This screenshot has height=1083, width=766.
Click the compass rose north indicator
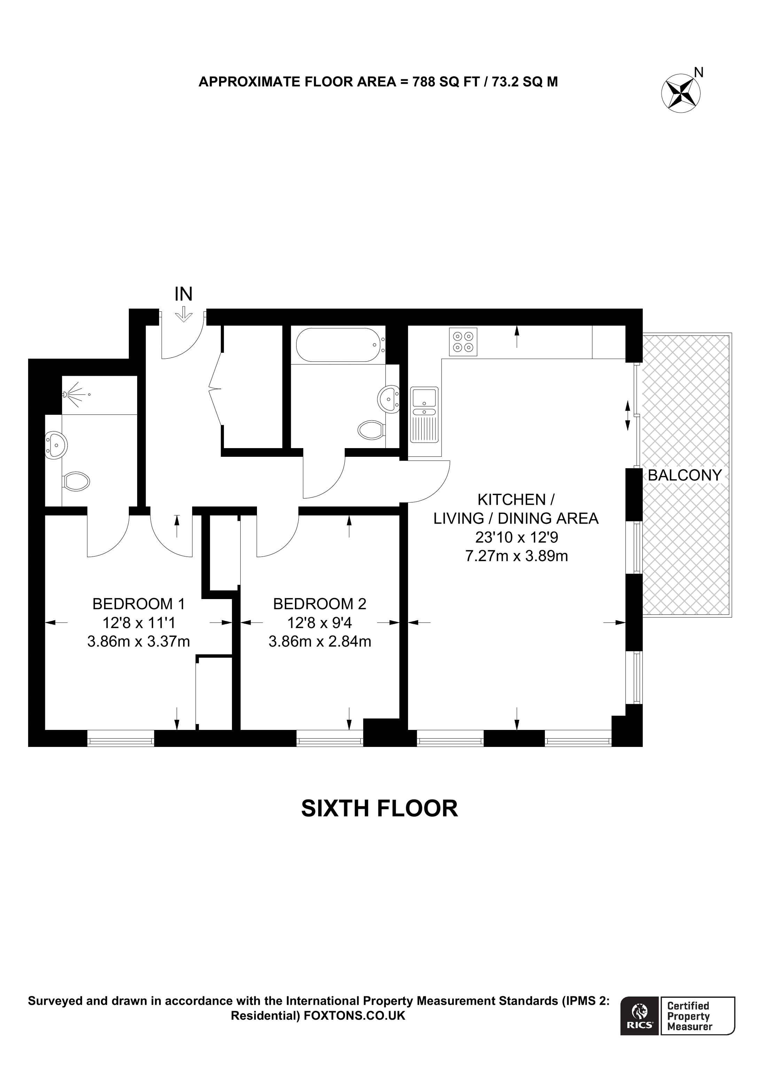[x=681, y=93]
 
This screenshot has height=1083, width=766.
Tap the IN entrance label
[x=183, y=294]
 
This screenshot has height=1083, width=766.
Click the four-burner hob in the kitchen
[x=463, y=342]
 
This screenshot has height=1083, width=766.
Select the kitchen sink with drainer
[x=424, y=415]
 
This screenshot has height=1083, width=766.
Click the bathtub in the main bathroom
[x=338, y=345]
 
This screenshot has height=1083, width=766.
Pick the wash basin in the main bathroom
[x=389, y=399]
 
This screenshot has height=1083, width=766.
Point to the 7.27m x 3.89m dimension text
[x=516, y=557]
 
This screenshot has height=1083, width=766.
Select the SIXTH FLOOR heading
[x=380, y=809]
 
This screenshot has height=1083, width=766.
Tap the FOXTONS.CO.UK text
[x=354, y=1016]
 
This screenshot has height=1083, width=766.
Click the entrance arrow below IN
[x=183, y=314]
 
